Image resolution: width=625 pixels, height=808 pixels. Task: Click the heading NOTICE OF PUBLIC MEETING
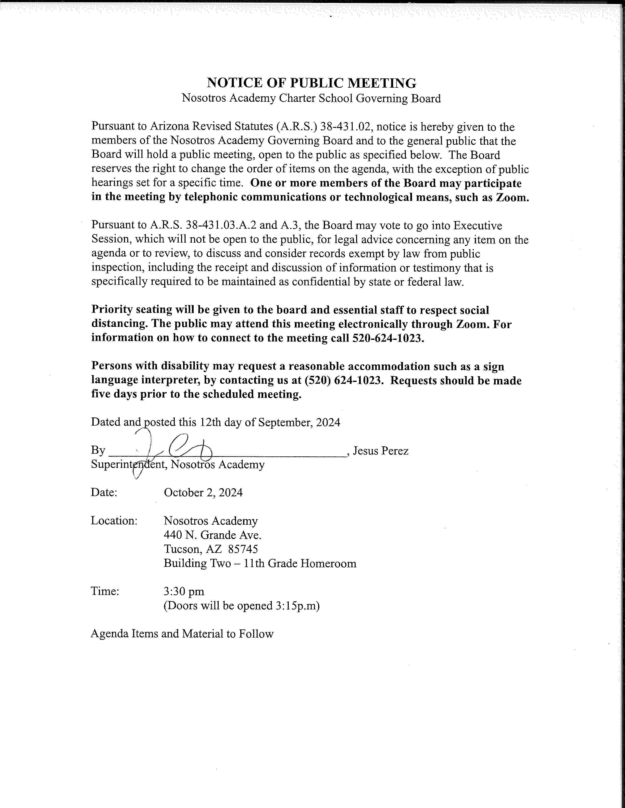click(311, 83)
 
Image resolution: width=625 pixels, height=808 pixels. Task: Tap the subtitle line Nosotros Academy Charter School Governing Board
click(311, 98)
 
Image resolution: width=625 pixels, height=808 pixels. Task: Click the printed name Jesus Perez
click(381, 451)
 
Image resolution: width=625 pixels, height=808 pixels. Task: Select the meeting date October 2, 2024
click(203, 492)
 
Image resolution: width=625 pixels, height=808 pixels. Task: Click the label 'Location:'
click(114, 521)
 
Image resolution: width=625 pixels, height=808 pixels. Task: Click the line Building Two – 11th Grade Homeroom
click(260, 563)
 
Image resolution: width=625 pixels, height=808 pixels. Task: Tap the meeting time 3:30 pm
click(184, 591)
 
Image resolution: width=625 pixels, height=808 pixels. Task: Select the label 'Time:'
click(105, 591)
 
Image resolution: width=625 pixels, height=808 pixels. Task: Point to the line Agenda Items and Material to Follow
click(182, 634)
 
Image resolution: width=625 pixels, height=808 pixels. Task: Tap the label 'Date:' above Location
click(104, 492)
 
